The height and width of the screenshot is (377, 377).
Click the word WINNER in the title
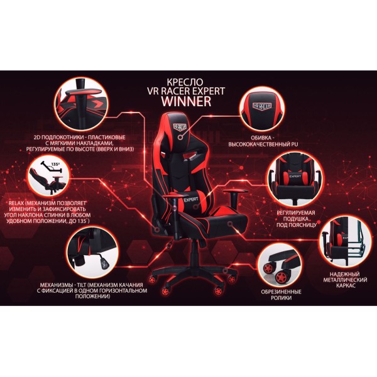(x=187, y=101)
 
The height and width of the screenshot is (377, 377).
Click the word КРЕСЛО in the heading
(x=185, y=82)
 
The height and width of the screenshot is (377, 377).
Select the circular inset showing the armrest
(x=81, y=104)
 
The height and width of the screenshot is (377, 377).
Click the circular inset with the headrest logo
(x=262, y=109)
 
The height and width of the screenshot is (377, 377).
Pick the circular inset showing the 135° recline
(x=49, y=175)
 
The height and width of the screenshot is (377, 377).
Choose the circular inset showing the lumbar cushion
(x=295, y=178)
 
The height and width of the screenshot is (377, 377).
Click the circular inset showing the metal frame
(x=345, y=241)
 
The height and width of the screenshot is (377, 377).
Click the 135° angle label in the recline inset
(x=55, y=165)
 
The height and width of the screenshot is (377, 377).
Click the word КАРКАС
(x=345, y=286)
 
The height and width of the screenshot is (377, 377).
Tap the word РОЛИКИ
(x=281, y=298)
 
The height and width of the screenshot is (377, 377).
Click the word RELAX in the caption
(x=16, y=203)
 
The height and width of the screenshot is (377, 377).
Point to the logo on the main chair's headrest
(x=180, y=126)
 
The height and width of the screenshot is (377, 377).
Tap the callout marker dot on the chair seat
(x=230, y=224)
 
